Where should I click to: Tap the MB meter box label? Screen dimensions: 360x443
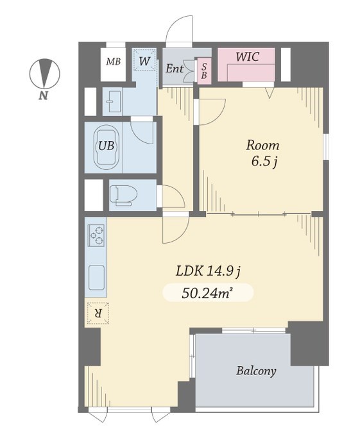pyautogui.click(x=114, y=62)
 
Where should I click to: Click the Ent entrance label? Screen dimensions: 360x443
pyautogui.click(x=174, y=69)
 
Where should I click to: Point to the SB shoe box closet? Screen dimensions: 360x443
pyautogui.click(x=204, y=71)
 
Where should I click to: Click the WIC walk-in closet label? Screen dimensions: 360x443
pyautogui.click(x=248, y=57)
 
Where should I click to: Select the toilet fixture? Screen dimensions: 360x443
pyautogui.click(x=123, y=195)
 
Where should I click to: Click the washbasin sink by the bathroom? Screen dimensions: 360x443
pyautogui.click(x=112, y=101)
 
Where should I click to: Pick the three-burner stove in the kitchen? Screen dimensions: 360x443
pyautogui.click(x=96, y=236)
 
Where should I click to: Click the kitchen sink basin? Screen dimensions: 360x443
pyautogui.click(x=97, y=278)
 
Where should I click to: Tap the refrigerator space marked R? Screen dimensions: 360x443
pyautogui.click(x=98, y=313)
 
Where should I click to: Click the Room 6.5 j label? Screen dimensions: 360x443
pyautogui.click(x=262, y=153)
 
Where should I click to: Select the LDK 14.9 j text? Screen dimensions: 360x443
pyautogui.click(x=208, y=272)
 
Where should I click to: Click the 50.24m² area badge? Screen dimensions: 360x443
pyautogui.click(x=208, y=293)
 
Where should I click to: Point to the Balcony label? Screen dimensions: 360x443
pyautogui.click(x=256, y=371)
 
